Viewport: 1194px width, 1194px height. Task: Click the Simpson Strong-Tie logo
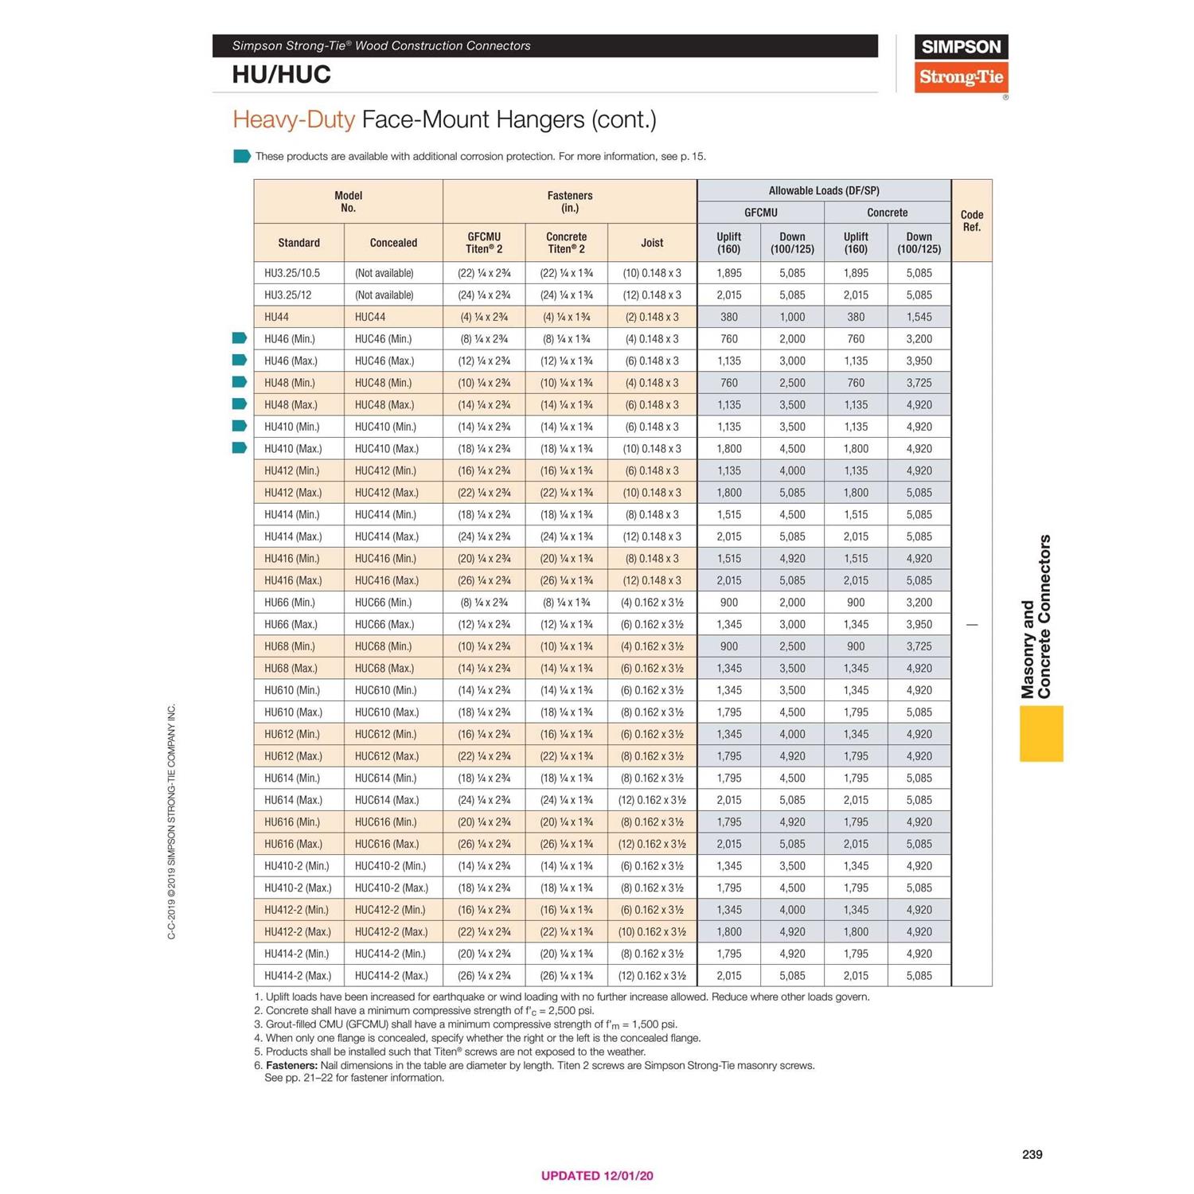pyautogui.click(x=961, y=64)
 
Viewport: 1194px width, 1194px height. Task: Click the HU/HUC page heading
pyautogui.click(x=281, y=75)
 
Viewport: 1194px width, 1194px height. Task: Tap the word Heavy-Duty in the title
pyautogui.click(x=293, y=119)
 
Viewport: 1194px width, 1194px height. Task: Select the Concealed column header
pyautogui.click(x=393, y=243)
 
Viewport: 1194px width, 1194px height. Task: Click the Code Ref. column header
pyautogui.click(x=972, y=220)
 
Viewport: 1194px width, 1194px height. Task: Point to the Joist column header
pyautogui.click(x=652, y=243)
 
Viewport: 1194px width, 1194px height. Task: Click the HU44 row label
pyautogui.click(x=276, y=317)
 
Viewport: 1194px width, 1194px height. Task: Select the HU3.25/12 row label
pyautogui.click(x=288, y=295)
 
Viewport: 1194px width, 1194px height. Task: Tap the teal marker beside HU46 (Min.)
pyautogui.click(x=240, y=338)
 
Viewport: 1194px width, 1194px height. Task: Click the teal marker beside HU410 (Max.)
pyautogui.click(x=240, y=448)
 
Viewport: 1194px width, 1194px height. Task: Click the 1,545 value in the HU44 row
pyautogui.click(x=919, y=317)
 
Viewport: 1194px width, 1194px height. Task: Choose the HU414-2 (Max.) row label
pyautogui.click(x=298, y=976)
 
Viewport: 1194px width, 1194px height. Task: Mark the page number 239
pyautogui.click(x=1032, y=1154)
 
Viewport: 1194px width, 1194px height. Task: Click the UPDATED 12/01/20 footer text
pyautogui.click(x=597, y=1176)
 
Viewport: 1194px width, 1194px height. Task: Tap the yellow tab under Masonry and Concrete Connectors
pyautogui.click(x=1041, y=733)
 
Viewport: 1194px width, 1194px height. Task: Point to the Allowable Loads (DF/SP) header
pyautogui.click(x=824, y=191)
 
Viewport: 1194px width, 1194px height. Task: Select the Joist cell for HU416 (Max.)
pyautogui.click(x=652, y=581)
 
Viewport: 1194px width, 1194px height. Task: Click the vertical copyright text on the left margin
pyautogui.click(x=172, y=821)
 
